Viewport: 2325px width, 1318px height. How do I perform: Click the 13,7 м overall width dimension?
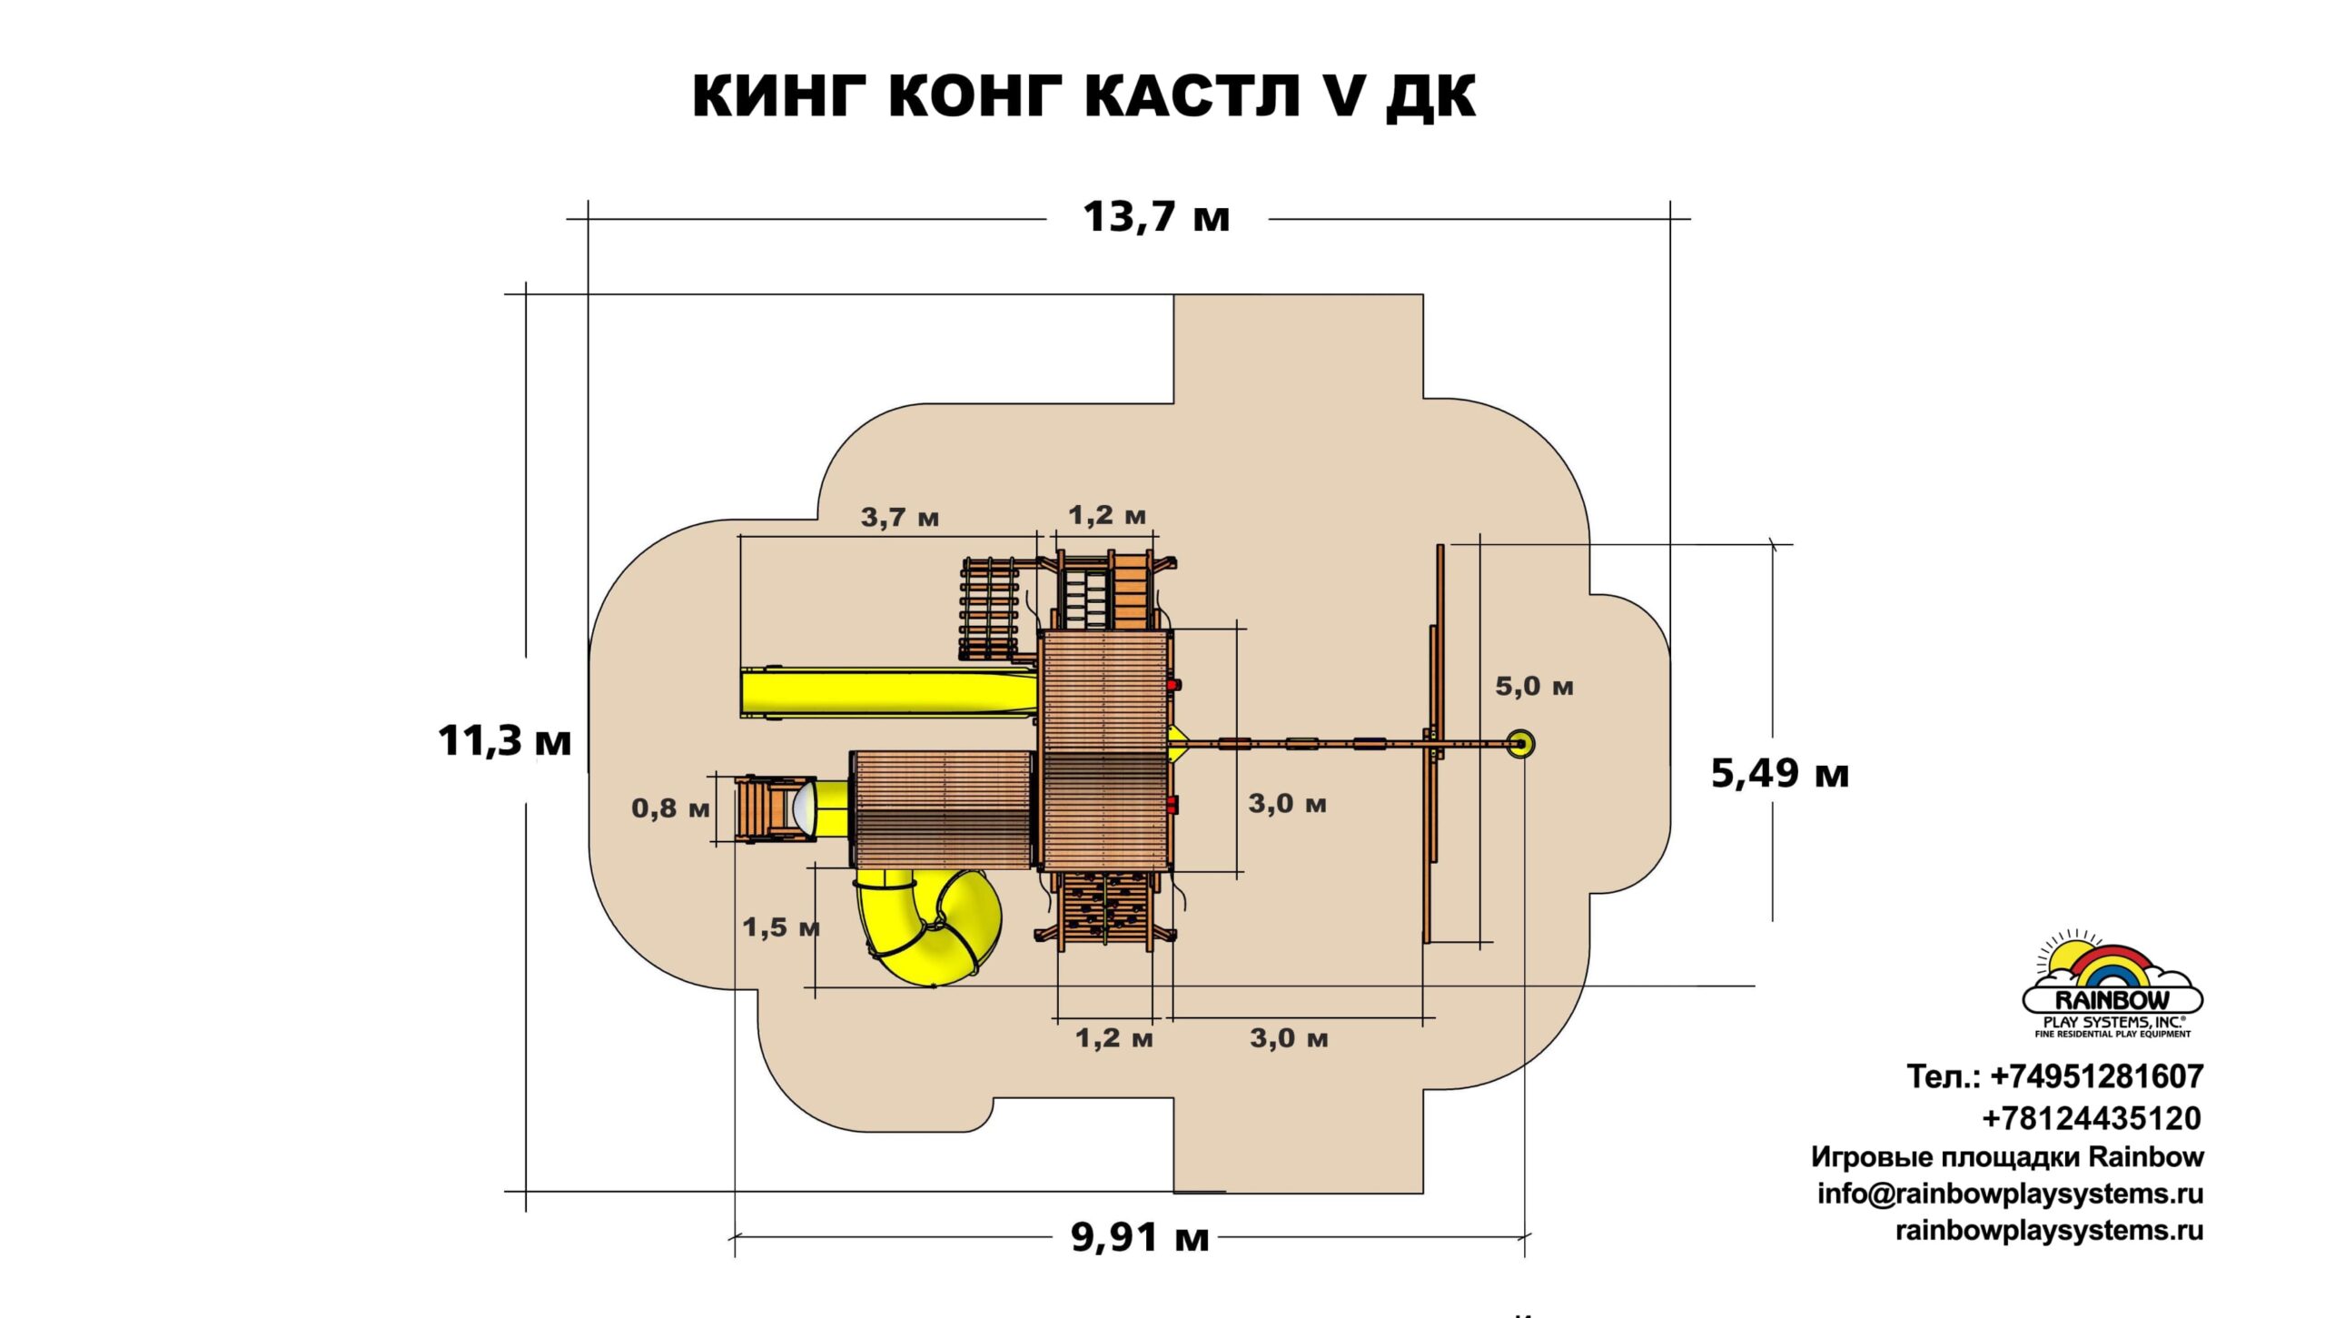pyautogui.click(x=1156, y=218)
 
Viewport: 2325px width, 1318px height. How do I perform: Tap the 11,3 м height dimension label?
pyautogui.click(x=504, y=741)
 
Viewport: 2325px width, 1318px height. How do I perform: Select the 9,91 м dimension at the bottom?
pyautogui.click(x=1140, y=1237)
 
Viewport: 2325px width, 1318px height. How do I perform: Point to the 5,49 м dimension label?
pyautogui.click(x=1779, y=774)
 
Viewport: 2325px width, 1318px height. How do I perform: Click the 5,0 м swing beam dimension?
pyautogui.click(x=1534, y=687)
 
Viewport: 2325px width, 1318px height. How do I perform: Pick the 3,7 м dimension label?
pyautogui.click(x=899, y=518)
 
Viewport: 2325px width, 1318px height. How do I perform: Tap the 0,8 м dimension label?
pyautogui.click(x=670, y=808)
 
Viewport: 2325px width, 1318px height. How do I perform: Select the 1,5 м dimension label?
pyautogui.click(x=781, y=927)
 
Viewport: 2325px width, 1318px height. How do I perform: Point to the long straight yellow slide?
pyautogui.click(x=885, y=693)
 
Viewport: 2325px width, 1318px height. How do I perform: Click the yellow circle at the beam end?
pyautogui.click(x=1520, y=744)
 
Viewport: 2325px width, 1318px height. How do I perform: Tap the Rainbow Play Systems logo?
pyautogui.click(x=2112, y=985)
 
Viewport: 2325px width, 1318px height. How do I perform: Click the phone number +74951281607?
pyautogui.click(x=2096, y=1077)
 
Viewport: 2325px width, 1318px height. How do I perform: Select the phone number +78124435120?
pyautogui.click(x=2091, y=1118)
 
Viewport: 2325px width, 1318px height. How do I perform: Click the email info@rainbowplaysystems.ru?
pyautogui.click(x=2010, y=1194)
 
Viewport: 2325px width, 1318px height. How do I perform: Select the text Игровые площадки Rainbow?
pyautogui.click(x=2007, y=1157)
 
